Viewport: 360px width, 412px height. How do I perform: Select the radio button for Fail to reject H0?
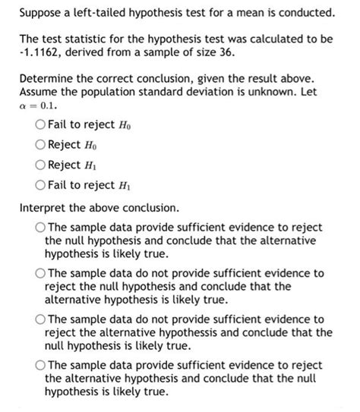39,124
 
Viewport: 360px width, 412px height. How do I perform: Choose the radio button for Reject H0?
39,144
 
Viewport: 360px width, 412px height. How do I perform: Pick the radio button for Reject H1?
39,164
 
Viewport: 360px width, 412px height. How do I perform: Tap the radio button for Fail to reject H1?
39,184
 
